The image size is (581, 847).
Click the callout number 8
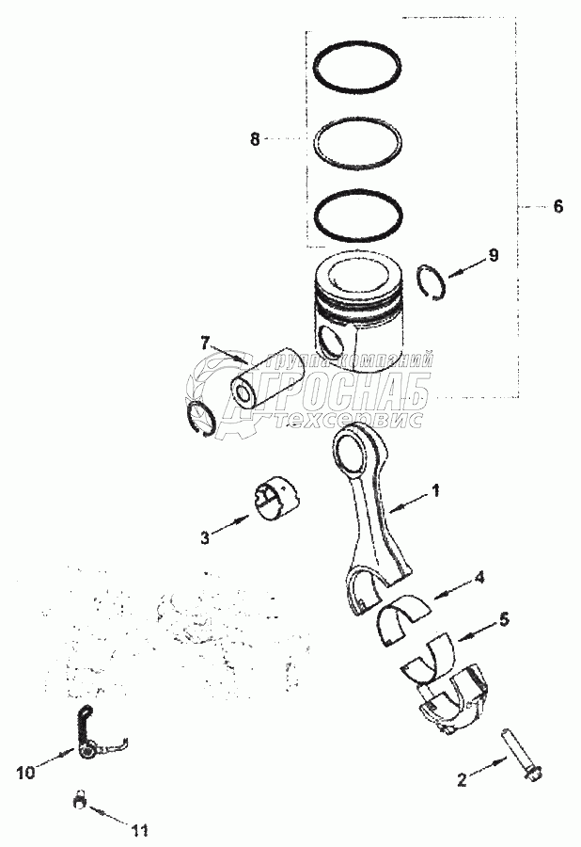click(254, 138)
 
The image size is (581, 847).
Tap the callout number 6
click(557, 206)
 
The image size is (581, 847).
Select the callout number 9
click(494, 255)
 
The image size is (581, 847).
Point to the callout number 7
click(204, 342)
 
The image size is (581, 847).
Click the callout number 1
click(435, 490)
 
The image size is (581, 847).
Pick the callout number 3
click(204, 536)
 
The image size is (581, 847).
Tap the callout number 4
click(479, 577)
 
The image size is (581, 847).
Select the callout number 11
click(140, 829)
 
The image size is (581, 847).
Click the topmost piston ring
click(357, 67)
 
